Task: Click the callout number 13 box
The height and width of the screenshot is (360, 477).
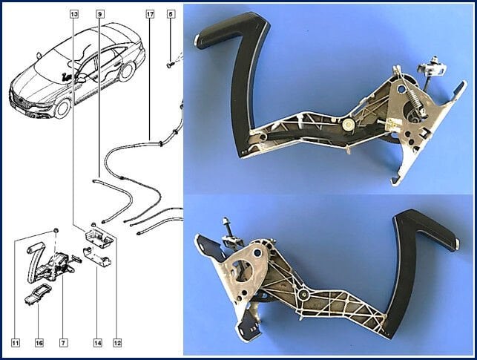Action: [x=74, y=14]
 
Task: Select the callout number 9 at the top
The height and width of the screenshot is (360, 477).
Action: [x=100, y=14]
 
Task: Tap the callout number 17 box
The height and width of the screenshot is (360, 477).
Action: [x=150, y=14]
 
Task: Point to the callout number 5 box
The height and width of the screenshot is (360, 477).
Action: [x=171, y=14]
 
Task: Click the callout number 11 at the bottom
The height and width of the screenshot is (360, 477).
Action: [x=16, y=343]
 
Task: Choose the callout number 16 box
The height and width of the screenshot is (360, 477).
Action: [x=39, y=343]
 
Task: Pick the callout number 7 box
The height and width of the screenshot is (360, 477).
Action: [x=63, y=343]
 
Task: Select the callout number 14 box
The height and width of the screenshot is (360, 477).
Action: [x=97, y=343]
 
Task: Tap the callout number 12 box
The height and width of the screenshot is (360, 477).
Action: [x=117, y=343]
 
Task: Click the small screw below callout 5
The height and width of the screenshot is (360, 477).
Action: [x=171, y=65]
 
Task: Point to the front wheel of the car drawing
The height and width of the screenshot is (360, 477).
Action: [x=62, y=108]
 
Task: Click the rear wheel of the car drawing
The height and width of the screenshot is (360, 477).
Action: [x=127, y=72]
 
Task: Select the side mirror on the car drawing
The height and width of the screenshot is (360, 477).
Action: [x=82, y=80]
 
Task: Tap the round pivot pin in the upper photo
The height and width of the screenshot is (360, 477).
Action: [x=348, y=124]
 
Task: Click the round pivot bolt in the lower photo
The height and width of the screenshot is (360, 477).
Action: [x=303, y=294]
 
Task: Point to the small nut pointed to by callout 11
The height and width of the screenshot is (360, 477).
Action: [x=56, y=230]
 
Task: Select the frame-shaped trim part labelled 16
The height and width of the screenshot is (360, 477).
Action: [x=37, y=294]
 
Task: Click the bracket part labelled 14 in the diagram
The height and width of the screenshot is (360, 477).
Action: [x=97, y=257]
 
